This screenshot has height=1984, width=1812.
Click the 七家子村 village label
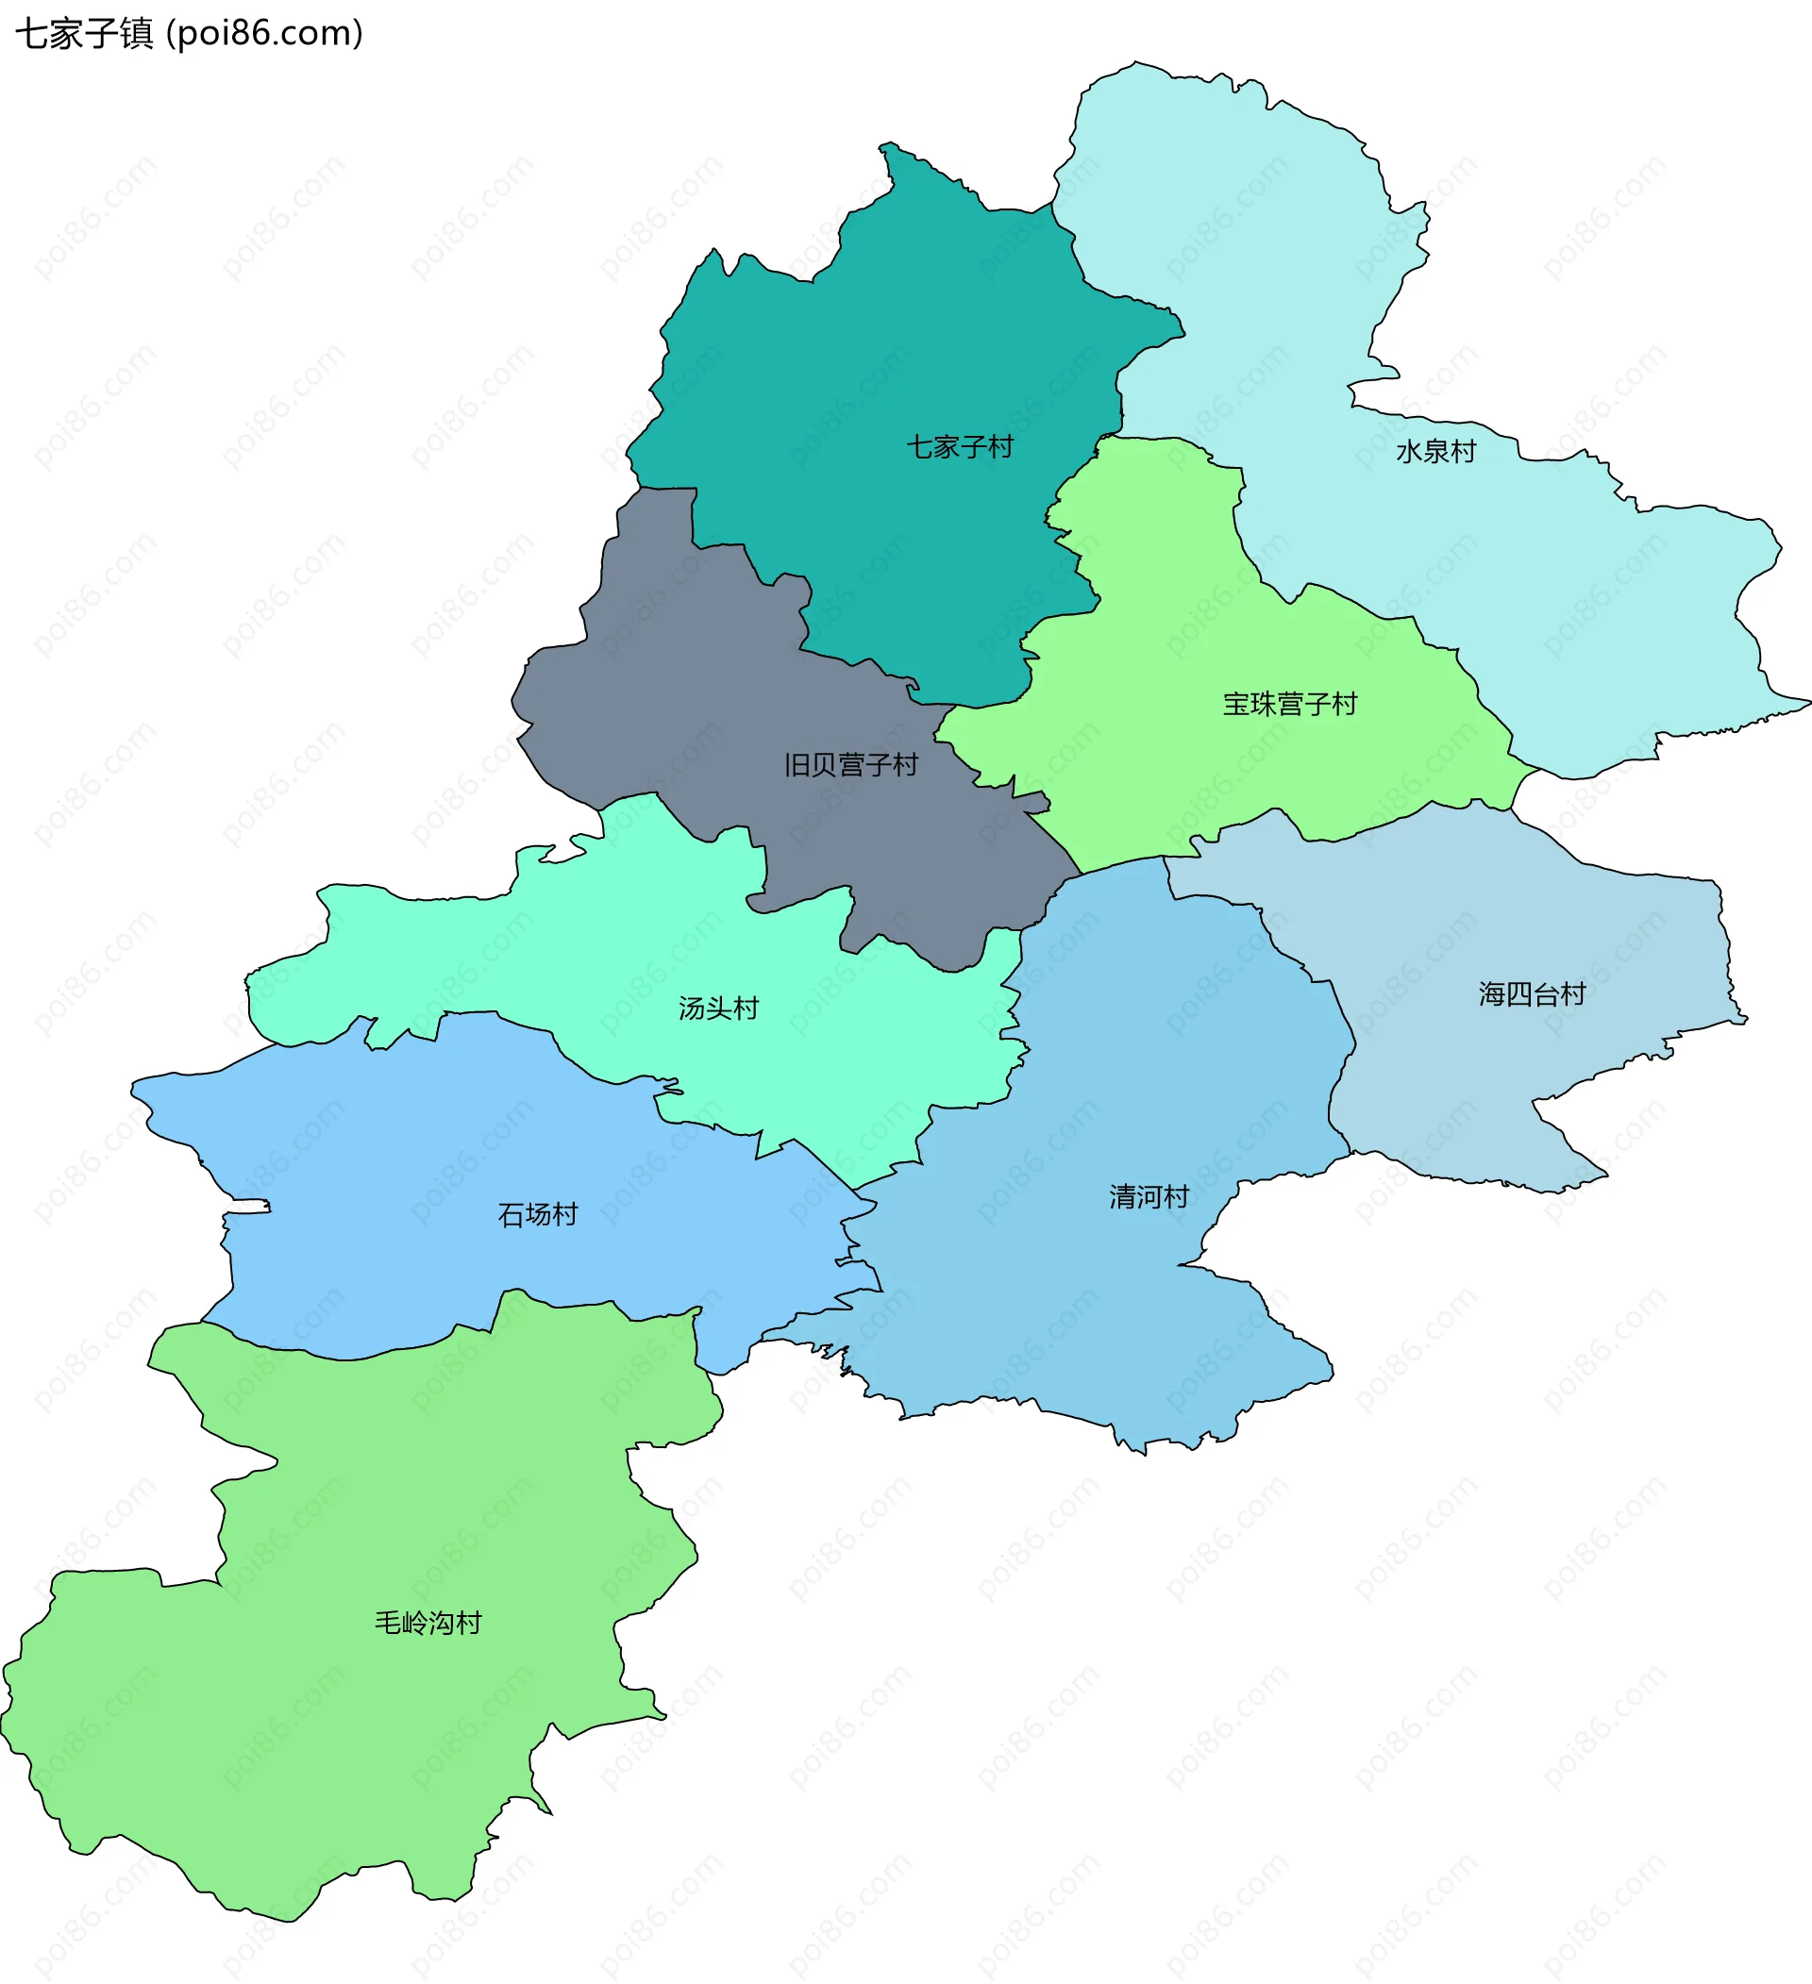pyautogui.click(x=960, y=448)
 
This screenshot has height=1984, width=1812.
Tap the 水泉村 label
pyautogui.click(x=1436, y=452)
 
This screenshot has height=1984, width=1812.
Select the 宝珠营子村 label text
pyautogui.click(x=1289, y=705)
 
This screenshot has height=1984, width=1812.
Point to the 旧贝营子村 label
pyautogui.click(x=851, y=766)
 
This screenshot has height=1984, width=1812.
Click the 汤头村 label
pyautogui.click(x=718, y=1009)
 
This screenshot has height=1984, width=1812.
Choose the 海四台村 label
pyautogui.click(x=1533, y=995)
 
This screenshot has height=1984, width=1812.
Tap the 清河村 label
pyautogui.click(x=1149, y=1198)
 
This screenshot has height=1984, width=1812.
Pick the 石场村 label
pyautogui.click(x=537, y=1215)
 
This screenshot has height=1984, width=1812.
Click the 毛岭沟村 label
pyautogui.click(x=428, y=1623)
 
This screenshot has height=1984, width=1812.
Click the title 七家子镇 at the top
pyautogui.click(x=85, y=35)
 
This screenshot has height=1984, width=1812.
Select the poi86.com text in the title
pyautogui.click(x=265, y=35)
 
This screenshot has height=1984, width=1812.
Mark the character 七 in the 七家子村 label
pyautogui.click(x=919, y=448)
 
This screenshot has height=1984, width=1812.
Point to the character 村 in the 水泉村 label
pyautogui.click(x=1464, y=452)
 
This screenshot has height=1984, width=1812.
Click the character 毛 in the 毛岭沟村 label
pyautogui.click(x=388, y=1623)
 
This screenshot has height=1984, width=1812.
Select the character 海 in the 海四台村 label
pyautogui.click(x=1492, y=995)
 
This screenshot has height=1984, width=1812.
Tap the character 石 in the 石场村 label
pyautogui.click(x=511, y=1215)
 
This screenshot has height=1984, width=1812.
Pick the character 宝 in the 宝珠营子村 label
pyautogui.click(x=1236, y=705)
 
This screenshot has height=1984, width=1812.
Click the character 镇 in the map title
pyautogui.click(x=137, y=35)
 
